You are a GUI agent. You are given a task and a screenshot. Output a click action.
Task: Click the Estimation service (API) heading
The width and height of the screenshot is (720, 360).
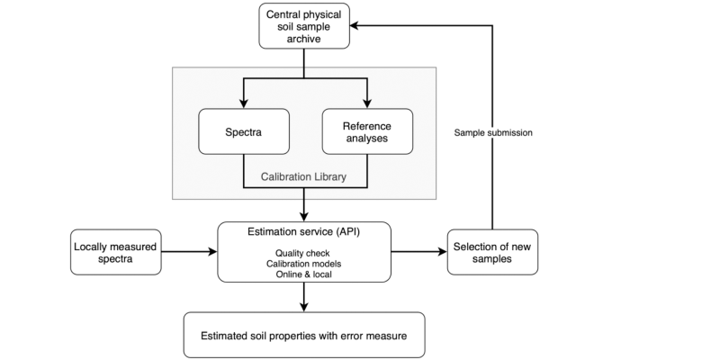304,231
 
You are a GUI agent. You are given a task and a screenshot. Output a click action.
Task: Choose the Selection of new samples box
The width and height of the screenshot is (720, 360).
492,252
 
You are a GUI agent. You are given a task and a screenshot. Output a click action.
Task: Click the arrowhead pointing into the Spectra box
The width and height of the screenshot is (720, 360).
242,103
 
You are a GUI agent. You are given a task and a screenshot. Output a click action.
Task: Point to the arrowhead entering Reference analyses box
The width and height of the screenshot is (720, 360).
366,103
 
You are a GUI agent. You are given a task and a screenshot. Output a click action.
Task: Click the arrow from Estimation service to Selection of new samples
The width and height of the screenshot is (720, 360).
418,252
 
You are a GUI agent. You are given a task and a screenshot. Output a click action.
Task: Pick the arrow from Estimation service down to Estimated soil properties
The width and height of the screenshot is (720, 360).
304,297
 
